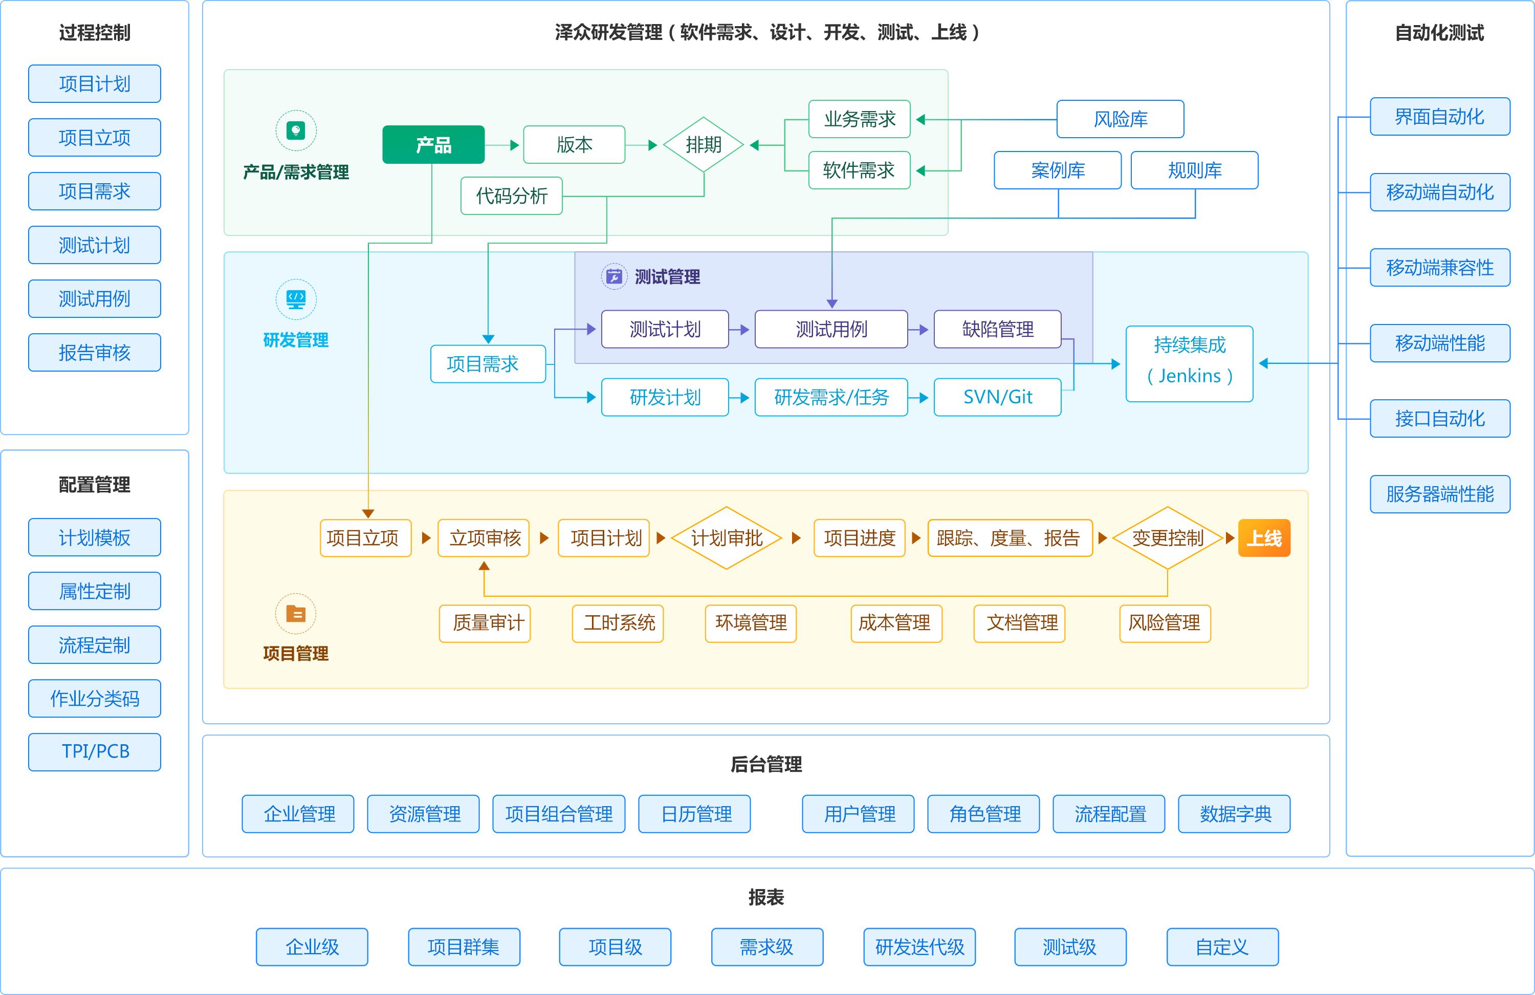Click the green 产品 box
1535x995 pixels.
[x=433, y=144]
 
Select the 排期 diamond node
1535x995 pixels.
[x=703, y=144]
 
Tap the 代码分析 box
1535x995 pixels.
[x=512, y=196]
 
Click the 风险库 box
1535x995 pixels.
[x=1120, y=119]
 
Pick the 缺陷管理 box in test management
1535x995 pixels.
[x=997, y=329]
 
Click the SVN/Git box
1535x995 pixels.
[x=997, y=397]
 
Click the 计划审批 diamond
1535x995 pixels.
[x=726, y=537]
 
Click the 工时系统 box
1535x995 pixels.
[x=618, y=623]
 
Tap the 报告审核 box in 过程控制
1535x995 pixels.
[x=95, y=352]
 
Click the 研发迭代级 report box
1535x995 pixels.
[x=919, y=946]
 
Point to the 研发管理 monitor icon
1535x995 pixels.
[x=296, y=299]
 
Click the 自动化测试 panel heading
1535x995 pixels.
[x=1439, y=32]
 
